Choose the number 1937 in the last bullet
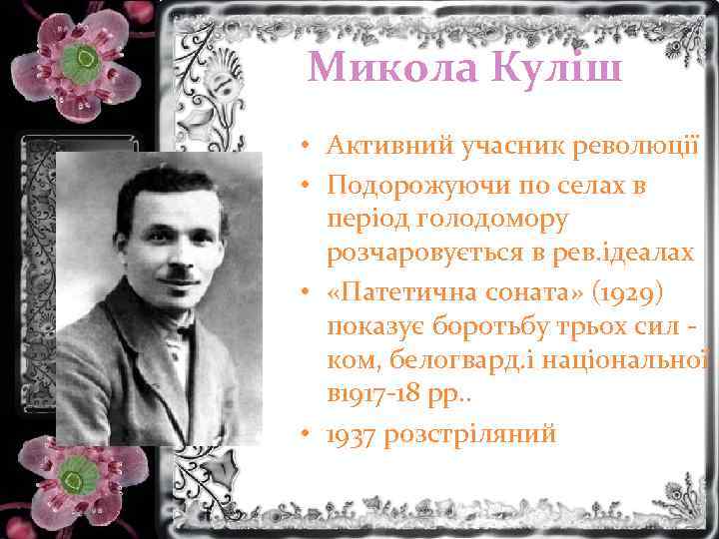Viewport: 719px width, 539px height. pos(352,434)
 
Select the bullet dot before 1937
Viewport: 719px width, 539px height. pos(313,434)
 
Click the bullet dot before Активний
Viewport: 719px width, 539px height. pos(313,149)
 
